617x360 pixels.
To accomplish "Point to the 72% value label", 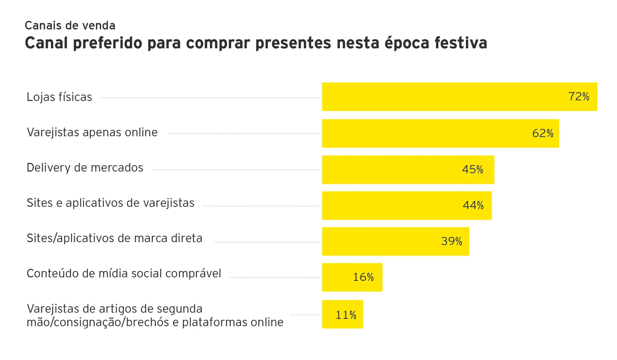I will point(578,96).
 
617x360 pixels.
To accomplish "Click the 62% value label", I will point(543,134).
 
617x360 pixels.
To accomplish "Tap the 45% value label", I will point(472,169).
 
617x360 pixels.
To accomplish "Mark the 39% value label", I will point(452,241).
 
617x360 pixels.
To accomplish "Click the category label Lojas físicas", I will point(59,97).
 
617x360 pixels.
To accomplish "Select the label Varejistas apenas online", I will point(92,132).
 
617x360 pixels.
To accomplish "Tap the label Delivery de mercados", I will point(85,168).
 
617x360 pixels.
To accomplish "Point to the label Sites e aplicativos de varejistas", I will point(110,203).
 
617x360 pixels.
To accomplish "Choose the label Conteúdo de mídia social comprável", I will point(124,274).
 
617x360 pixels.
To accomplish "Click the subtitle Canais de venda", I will point(70,25).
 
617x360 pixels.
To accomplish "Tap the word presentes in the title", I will point(293,43).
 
